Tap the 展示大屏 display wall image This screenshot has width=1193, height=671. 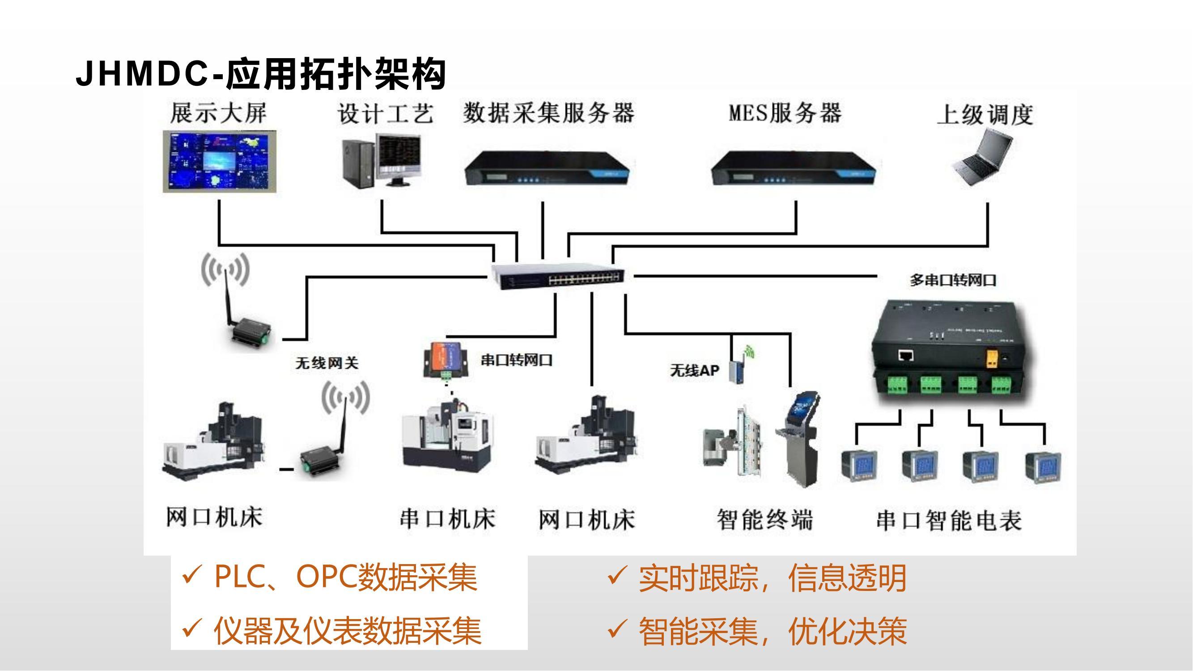pos(220,161)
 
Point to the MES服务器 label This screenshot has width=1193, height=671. pos(785,114)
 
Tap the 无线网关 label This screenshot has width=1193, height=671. pos(327,363)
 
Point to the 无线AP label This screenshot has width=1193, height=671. pos(694,370)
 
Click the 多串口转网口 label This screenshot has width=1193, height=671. pos(953,280)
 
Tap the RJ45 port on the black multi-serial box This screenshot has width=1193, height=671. pos(906,356)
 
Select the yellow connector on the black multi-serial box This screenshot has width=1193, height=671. pos(992,358)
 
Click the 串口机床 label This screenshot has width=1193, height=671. pos(447,518)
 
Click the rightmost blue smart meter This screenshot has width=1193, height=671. pos(1043,468)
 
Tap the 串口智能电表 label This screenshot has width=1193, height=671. pos(949,521)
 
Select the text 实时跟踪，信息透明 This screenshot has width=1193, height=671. pos(772,578)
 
